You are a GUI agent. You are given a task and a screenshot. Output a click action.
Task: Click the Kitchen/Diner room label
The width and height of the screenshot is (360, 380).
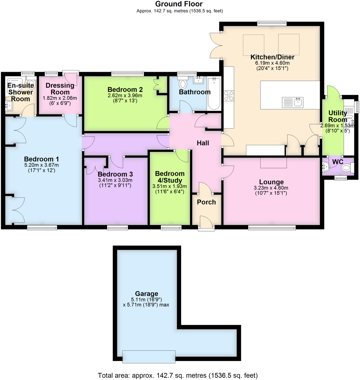pos(272,57)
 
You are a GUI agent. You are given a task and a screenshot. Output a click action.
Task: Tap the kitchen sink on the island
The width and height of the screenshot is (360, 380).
pos(293,102)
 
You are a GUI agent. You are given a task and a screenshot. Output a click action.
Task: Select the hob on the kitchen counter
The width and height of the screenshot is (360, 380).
pos(229,96)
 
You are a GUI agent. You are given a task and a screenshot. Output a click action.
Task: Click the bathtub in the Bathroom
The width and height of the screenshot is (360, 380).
pos(214,94)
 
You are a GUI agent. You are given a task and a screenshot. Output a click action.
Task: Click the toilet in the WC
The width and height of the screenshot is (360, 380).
pos(347,168)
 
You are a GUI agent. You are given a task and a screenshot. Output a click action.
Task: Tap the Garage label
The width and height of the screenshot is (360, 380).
pos(147,294)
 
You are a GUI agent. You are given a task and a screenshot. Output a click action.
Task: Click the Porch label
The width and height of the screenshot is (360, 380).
pos(206,202)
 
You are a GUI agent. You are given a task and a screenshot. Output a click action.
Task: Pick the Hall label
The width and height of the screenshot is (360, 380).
pos(203,143)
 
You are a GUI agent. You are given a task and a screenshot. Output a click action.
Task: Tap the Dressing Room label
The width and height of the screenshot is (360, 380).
pos(60,89)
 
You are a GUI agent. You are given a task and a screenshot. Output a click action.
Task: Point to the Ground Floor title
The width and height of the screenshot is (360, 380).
pos(180,4)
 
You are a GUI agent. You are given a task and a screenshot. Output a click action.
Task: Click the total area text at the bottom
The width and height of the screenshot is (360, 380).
pos(178,376)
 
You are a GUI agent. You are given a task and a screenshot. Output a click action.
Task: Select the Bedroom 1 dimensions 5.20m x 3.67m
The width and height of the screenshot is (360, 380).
pos(41,165)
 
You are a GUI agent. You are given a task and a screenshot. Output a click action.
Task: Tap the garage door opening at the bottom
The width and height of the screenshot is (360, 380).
pos(149,356)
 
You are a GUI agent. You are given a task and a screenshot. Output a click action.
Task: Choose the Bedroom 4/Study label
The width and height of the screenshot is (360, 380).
pos(170,177)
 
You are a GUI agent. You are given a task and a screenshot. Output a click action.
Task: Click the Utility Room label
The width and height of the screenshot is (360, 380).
pos(338,116)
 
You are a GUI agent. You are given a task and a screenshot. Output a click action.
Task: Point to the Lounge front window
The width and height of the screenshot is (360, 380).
pos(272,228)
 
